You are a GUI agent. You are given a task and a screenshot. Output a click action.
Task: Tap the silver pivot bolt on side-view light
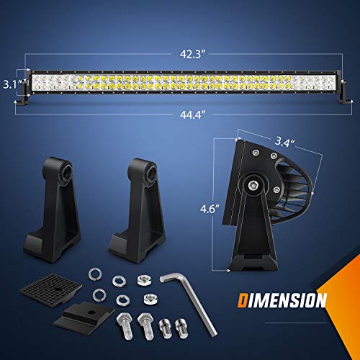click(x=254, y=184)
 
